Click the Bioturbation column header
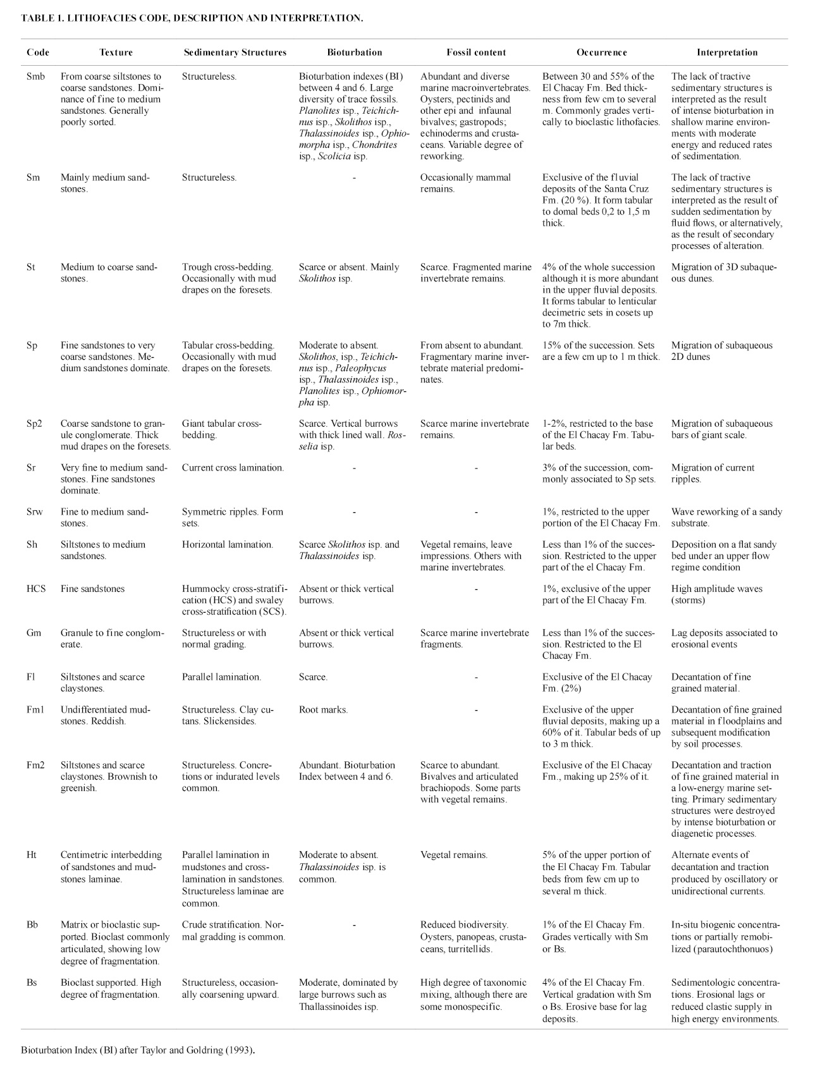tap(354, 52)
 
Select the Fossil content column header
tap(475, 52)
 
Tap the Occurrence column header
tap(601, 52)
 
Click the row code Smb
tap(36, 77)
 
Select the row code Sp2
tap(35, 424)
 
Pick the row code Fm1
tap(35, 709)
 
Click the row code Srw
tap(35, 512)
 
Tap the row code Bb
tap(32, 924)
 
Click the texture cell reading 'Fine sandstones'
tap(92, 589)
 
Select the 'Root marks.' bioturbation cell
tap(323, 709)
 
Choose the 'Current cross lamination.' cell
tap(233, 468)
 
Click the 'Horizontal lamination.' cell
tap(228, 544)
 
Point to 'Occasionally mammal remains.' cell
tap(465, 183)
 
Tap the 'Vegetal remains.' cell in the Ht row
tap(453, 855)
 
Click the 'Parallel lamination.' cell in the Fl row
tap(221, 677)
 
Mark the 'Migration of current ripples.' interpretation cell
tap(712, 473)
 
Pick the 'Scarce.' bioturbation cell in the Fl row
tap(313, 677)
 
